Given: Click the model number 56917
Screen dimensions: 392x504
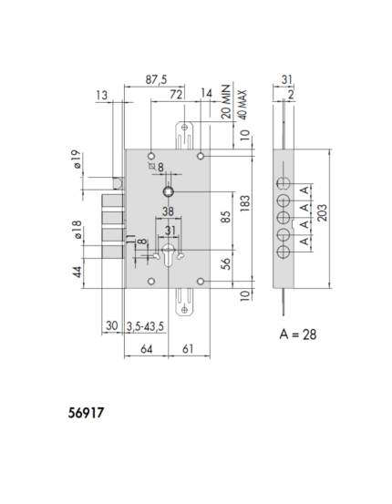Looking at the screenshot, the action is tap(86, 413).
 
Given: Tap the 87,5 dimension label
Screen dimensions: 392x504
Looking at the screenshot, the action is tap(156, 79).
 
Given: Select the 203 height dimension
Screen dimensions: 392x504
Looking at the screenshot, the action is tap(322, 212).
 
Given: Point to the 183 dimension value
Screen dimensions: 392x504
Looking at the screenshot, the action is tap(244, 203).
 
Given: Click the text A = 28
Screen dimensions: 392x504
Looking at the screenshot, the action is tap(298, 334).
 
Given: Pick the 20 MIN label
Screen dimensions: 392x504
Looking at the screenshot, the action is tap(226, 101).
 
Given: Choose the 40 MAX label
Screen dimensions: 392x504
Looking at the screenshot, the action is tap(242, 105).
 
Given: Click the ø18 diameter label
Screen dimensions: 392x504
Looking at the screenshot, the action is tap(77, 230).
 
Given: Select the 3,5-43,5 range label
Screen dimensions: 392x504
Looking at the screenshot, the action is tap(145, 326).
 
